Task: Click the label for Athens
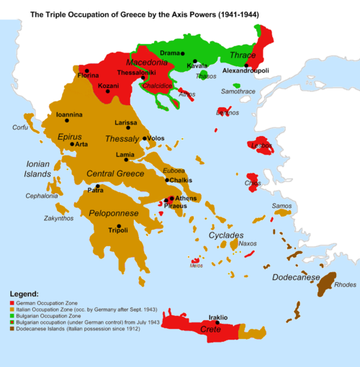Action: tap(186, 198)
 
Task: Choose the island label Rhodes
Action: tap(345, 285)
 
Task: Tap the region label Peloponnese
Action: tap(117, 214)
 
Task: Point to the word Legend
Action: tap(27, 294)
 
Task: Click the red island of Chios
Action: tap(253, 179)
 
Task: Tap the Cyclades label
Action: tap(226, 235)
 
